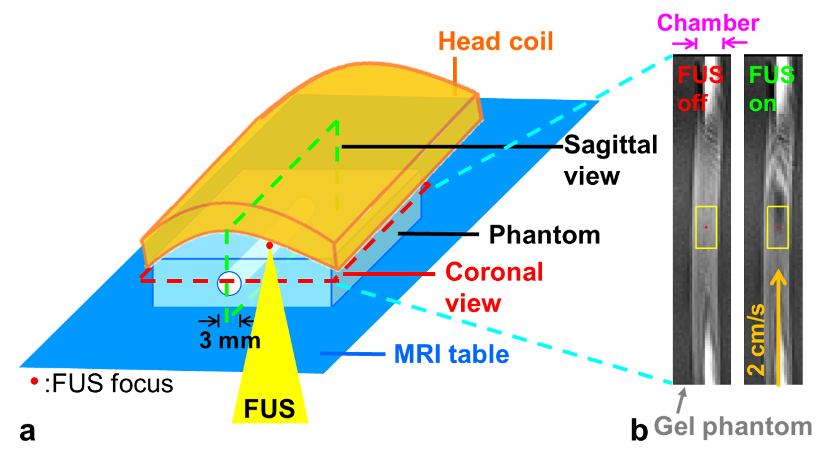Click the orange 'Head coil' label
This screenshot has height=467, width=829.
tap(496, 41)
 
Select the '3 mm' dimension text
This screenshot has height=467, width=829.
tap(230, 341)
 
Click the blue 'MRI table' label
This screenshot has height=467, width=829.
tap(451, 355)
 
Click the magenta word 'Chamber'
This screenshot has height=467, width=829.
tap(708, 23)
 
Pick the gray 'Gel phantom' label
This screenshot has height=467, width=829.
tap(733, 427)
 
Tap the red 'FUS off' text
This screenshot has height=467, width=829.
tap(700, 89)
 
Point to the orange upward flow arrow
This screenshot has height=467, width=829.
tap(779, 327)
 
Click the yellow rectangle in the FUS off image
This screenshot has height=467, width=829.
tap(706, 227)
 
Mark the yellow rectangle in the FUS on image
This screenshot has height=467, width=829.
tap(777, 227)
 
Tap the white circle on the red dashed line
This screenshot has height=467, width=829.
tap(229, 283)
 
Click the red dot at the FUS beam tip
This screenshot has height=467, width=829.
tap(270, 245)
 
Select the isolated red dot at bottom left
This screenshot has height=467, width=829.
tap(34, 380)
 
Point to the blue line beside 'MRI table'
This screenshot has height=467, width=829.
tap(352, 354)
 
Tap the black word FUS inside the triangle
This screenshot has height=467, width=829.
tap(269, 409)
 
